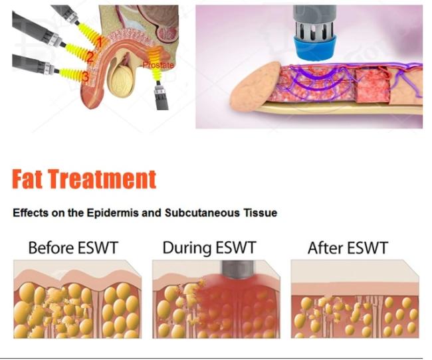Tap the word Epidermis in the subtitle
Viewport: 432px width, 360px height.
click(x=113, y=213)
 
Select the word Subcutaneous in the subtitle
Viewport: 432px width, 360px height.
click(x=202, y=213)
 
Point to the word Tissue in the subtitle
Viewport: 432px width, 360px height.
click(x=260, y=213)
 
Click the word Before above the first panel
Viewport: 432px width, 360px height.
click(x=52, y=247)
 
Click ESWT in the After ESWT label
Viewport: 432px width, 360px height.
click(x=368, y=248)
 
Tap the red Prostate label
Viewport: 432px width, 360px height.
click(x=158, y=65)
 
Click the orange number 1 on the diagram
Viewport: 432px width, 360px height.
click(x=100, y=43)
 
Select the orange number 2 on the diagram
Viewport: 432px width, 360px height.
click(x=90, y=57)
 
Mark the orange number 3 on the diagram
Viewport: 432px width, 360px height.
click(x=86, y=76)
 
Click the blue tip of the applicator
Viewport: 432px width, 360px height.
click(x=316, y=48)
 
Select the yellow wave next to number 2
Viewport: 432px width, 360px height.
click(x=76, y=51)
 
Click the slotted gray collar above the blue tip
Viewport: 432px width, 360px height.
click(x=315, y=29)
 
